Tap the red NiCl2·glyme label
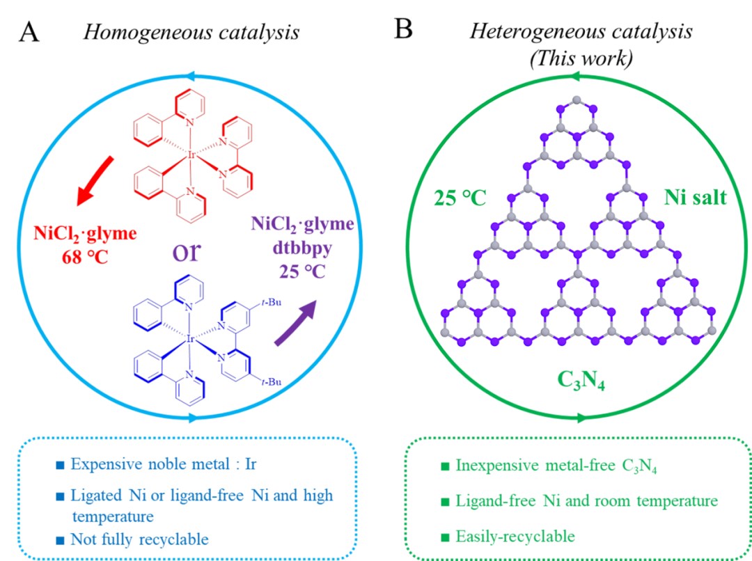click(85, 232)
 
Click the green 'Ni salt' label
click(695, 198)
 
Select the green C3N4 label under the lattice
click(580, 379)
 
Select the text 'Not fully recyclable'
click(139, 539)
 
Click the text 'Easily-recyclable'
click(515, 536)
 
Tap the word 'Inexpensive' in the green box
click(496, 466)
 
